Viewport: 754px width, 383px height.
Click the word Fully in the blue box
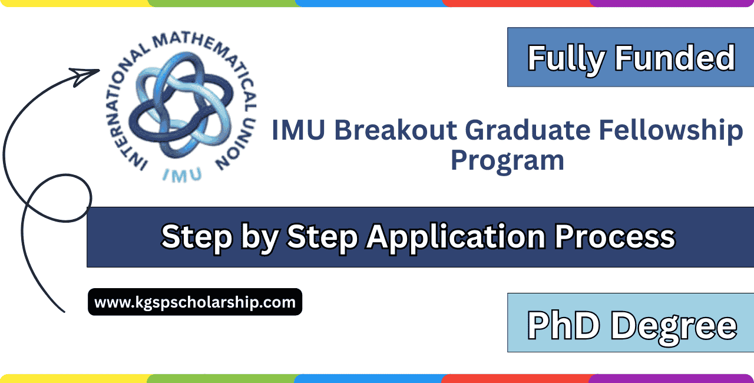567,58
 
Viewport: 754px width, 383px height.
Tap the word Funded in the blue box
674,58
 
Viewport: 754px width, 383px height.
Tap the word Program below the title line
507,160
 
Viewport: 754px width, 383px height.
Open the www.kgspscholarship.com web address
195,302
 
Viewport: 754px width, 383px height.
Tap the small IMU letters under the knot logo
181,174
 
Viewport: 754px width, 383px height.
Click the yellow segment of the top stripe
74,3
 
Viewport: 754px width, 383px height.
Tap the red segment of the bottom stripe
515,378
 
